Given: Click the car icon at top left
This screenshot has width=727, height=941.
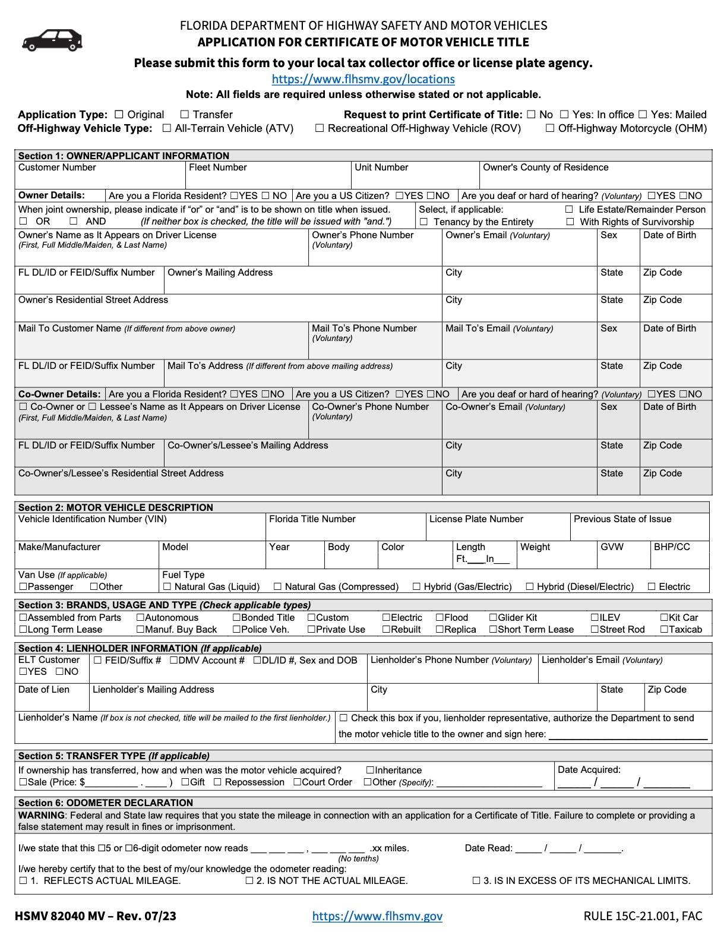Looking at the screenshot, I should [52, 40].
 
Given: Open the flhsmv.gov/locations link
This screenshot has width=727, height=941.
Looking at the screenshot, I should [363, 79].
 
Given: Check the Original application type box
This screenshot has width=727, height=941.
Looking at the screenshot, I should [119, 115].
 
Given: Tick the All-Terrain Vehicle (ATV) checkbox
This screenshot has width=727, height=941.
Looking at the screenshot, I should [167, 128].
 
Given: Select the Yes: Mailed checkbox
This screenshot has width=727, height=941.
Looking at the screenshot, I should [643, 115].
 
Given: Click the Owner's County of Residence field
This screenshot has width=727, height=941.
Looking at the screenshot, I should [595, 179].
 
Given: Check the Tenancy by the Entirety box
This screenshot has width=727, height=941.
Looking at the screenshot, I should [424, 222].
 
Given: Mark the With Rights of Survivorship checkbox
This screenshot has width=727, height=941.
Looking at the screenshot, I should [570, 222].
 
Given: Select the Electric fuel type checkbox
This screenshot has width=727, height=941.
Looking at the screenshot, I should [652, 587].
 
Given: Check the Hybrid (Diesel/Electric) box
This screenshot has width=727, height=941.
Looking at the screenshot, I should [530, 587].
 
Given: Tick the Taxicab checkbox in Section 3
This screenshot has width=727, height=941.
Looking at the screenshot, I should [664, 630].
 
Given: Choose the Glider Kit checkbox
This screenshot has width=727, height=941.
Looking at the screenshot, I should [493, 618].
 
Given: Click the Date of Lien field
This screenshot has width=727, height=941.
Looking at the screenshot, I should [52, 701].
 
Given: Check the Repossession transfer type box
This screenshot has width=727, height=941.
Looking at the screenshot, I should [217, 782].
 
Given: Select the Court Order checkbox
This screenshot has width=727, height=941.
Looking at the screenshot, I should [297, 782].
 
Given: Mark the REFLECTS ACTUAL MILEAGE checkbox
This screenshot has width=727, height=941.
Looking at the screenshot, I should [23, 881].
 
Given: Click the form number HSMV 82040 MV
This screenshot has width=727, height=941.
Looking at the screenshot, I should [95, 916].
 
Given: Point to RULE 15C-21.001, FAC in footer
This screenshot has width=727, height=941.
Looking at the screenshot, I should [643, 916].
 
